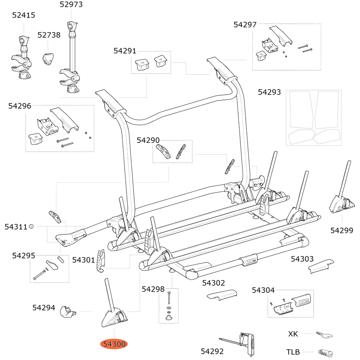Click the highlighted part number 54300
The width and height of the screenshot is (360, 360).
click(x=114, y=344)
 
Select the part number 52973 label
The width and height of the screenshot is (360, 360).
click(x=71, y=5)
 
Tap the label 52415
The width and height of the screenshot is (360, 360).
click(x=24, y=15)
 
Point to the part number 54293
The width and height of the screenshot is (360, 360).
click(x=269, y=93)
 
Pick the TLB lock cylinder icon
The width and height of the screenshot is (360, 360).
click(x=325, y=352)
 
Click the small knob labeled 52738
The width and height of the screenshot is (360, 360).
click(x=48, y=58)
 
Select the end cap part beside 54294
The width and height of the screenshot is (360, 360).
click(x=67, y=311)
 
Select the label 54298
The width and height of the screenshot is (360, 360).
click(x=153, y=289)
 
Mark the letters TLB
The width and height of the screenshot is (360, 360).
click(x=293, y=352)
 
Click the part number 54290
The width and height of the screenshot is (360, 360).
click(x=148, y=140)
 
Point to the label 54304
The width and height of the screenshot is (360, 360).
click(x=263, y=290)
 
